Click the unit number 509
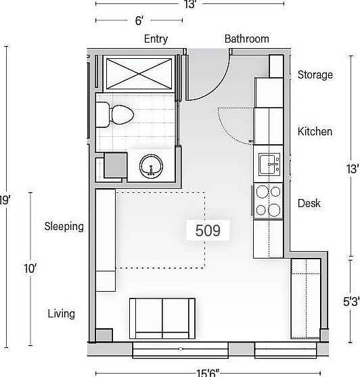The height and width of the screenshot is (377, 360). [x=208, y=230]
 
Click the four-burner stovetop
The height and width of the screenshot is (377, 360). [x=269, y=200]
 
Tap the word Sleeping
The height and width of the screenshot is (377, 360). [x=64, y=226]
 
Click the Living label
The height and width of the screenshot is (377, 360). [x=62, y=314]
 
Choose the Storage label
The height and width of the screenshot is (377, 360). [x=315, y=74]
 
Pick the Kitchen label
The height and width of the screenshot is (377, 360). [x=315, y=131]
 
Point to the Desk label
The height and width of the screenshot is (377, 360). [x=309, y=203]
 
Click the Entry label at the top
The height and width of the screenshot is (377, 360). [x=156, y=39]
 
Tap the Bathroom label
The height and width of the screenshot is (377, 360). [x=246, y=39]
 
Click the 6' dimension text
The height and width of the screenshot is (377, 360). [x=139, y=21]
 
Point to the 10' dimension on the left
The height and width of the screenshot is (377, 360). [x=30, y=269]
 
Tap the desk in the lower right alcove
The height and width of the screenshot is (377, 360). [x=305, y=298]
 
